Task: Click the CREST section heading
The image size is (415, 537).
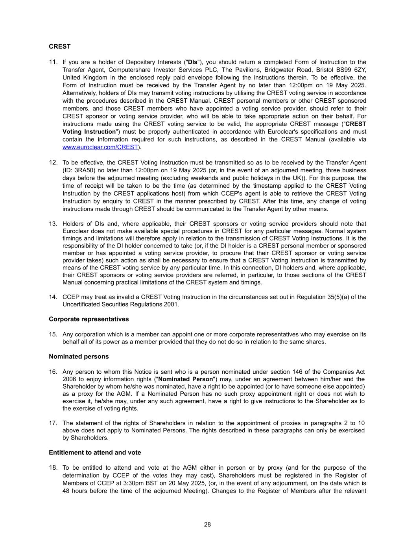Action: click(60, 46)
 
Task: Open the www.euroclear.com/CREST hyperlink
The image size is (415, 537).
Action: click(100, 147)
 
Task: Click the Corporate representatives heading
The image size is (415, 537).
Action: click(89, 319)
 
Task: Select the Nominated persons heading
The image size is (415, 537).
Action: click(79, 356)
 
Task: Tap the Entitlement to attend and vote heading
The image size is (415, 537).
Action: click(95, 452)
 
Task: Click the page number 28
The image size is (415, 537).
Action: click(207, 524)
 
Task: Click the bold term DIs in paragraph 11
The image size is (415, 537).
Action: click(193, 62)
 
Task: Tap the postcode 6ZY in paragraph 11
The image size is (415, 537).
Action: click(359, 70)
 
